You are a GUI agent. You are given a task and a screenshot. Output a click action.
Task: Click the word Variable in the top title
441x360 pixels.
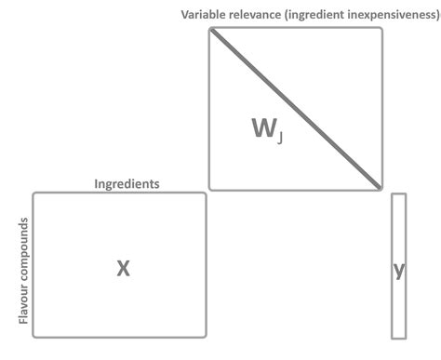(205, 16)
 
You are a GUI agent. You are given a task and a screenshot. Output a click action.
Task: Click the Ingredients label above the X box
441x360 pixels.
(127, 183)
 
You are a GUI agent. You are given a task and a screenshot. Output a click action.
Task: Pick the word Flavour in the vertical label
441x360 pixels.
(23, 306)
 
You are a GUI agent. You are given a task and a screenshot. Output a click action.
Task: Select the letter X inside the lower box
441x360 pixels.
(122, 269)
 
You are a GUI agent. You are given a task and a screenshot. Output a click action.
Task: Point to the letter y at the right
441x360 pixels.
(399, 270)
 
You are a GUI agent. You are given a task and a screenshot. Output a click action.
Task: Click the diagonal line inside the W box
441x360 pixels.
(296, 109)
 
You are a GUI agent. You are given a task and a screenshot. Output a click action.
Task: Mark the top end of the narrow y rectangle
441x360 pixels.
(399, 194)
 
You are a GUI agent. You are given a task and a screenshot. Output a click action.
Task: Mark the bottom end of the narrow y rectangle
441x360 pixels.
(399, 336)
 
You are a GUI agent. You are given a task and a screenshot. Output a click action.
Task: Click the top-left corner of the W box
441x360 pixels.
(210, 29)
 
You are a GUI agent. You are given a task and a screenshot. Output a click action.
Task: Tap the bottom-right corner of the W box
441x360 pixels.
(381, 189)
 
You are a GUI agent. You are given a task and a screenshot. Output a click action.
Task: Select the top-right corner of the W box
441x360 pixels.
(381, 29)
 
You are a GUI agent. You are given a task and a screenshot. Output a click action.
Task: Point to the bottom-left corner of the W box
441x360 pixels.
(210, 189)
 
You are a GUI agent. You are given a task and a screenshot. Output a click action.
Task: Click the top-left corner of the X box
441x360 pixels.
(34, 193)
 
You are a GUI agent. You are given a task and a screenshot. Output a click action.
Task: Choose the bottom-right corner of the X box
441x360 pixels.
(206, 336)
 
